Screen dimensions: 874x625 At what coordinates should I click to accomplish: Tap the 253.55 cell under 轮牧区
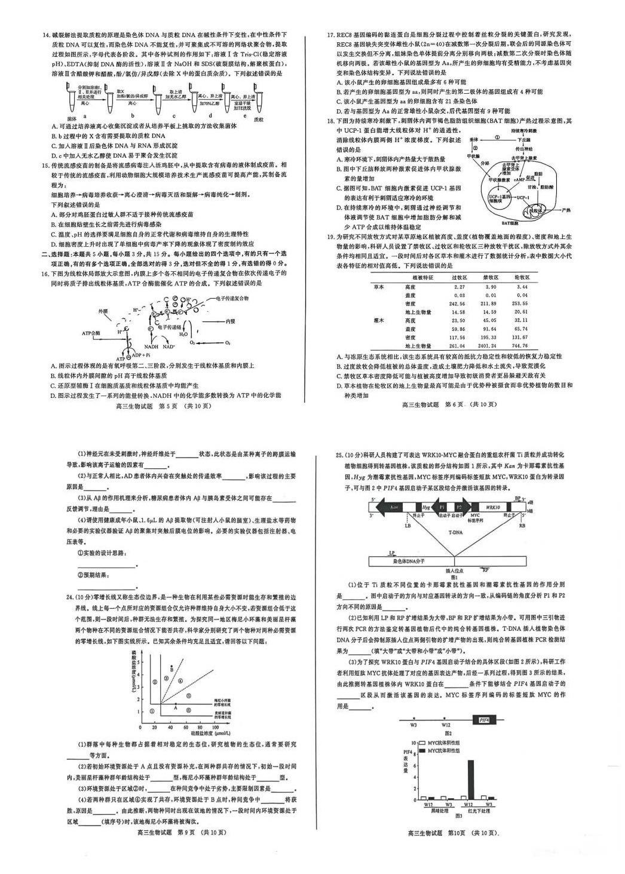[521, 303]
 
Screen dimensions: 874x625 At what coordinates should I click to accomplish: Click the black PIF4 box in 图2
[484, 720]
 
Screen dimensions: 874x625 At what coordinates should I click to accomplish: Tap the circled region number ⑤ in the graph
[189, 695]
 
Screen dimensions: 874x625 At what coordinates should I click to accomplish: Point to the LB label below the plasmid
[408, 526]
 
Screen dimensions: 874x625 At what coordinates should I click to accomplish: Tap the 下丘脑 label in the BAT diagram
[524, 139]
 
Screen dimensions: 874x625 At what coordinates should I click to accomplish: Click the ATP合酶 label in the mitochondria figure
[91, 333]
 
